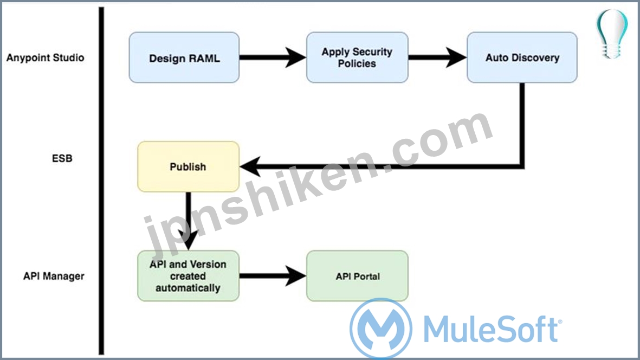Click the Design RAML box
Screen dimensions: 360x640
pos(184,57)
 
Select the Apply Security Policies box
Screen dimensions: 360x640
pos(357,57)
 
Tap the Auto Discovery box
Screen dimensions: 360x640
pos(522,57)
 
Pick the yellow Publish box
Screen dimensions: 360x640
pos(188,166)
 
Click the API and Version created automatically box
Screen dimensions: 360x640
pos(188,276)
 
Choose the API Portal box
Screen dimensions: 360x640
pos(357,276)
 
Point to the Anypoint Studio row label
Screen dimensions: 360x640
pos(46,57)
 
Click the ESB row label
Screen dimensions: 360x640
pos(62,159)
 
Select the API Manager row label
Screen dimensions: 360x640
pos(54,276)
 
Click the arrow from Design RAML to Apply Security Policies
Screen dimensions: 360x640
pos(272,57)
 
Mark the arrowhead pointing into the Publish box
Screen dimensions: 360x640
pos(250,166)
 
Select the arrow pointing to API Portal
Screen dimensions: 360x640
pos(272,276)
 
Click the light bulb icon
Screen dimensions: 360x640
pos(612,33)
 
